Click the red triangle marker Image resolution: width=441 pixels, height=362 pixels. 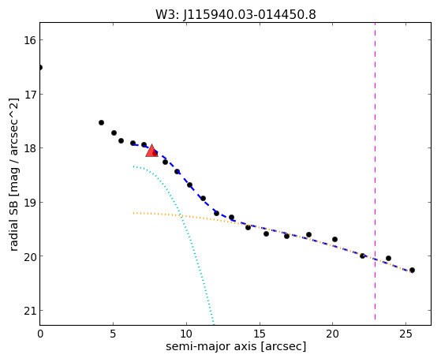[151, 151]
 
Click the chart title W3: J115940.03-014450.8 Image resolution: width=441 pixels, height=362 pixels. [236, 14]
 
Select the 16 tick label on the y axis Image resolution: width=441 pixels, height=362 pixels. [30, 40]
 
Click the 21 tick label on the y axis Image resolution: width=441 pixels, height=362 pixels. [30, 311]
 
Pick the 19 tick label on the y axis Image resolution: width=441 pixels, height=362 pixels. [30, 202]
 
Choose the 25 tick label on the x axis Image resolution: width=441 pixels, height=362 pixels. [405, 334]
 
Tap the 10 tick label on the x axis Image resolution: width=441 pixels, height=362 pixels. [186, 334]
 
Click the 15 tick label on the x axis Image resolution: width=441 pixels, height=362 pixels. [260, 334]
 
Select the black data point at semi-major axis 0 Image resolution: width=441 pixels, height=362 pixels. [40, 68]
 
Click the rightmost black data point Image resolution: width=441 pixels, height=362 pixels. [412, 271]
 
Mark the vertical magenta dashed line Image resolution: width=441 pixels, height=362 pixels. [375, 171]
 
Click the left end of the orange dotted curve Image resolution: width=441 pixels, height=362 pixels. [133, 213]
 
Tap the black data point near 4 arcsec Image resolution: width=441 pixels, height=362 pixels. [101, 122]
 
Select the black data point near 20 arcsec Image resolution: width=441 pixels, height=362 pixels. [334, 240]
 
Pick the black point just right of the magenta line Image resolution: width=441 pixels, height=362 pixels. [388, 258]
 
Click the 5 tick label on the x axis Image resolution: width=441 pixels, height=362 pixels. [113, 334]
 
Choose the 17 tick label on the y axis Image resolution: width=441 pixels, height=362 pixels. [30, 94]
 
